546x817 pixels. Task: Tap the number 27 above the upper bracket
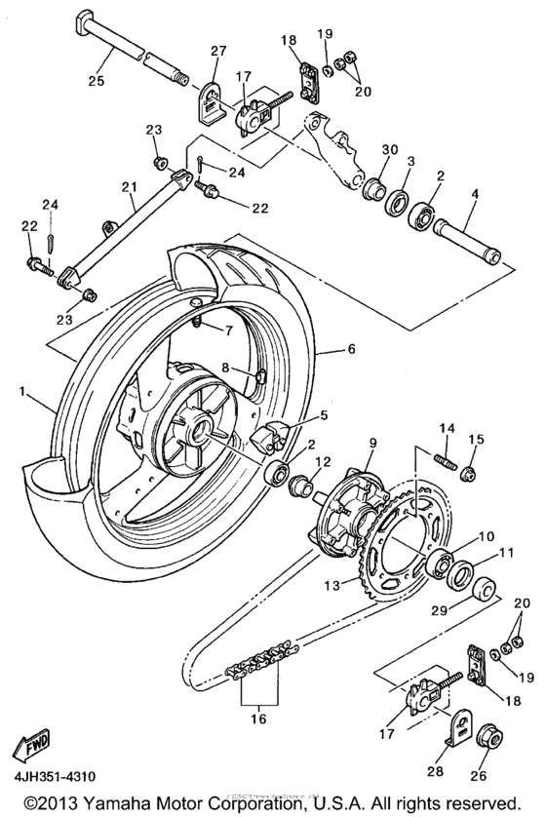(x=216, y=51)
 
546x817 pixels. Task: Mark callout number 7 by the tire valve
(x=227, y=331)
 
